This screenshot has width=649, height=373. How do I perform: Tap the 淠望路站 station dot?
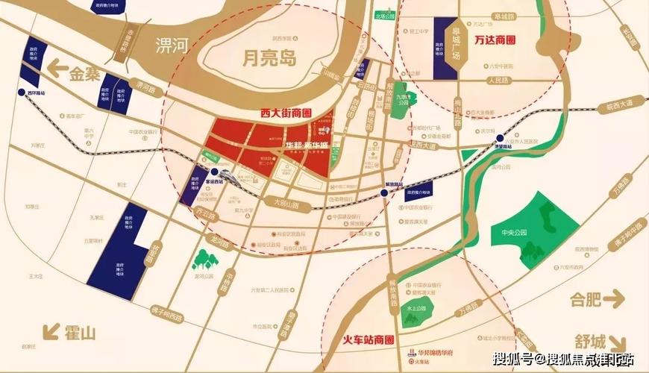(x=499, y=137)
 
